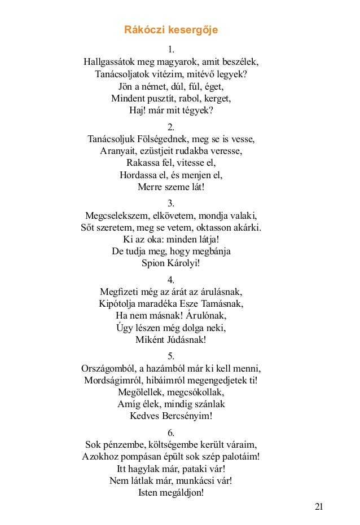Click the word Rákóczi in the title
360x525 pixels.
[143, 29]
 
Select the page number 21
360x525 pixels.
[319, 506]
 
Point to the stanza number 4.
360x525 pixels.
[172, 280]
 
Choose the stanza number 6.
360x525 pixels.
[172, 433]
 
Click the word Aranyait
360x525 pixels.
[118, 151]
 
